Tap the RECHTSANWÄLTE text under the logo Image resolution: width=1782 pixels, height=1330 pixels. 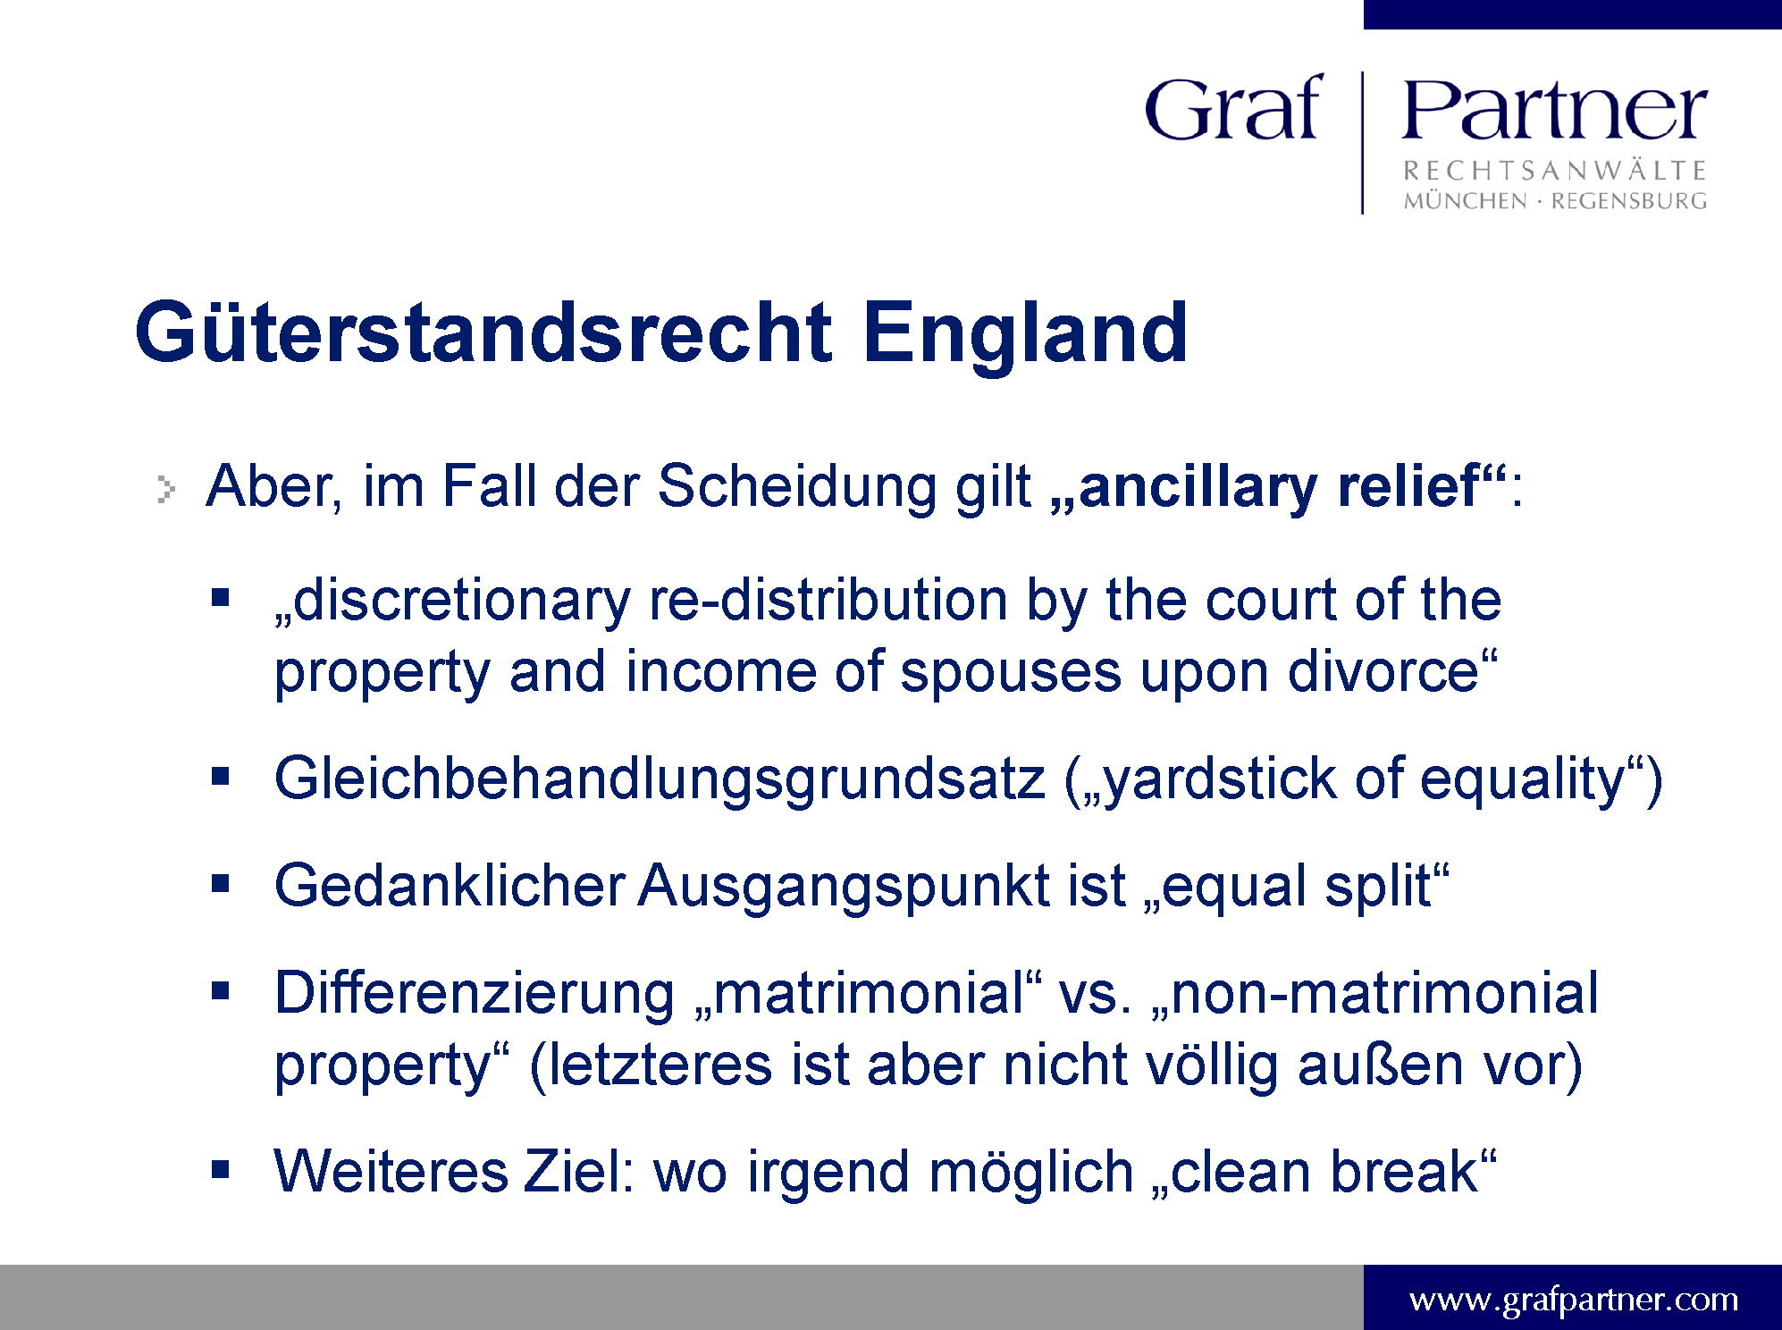point(1555,170)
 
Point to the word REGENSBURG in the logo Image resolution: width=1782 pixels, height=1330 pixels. point(1628,201)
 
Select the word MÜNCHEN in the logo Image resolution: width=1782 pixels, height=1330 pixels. point(1465,200)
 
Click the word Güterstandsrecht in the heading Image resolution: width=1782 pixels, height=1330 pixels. point(483,332)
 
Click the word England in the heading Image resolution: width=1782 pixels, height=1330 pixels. point(1025,333)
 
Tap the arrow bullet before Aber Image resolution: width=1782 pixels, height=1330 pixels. point(166,489)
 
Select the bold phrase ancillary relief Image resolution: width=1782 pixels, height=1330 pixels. point(1280,487)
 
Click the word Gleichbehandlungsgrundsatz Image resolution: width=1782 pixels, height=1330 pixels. point(660,779)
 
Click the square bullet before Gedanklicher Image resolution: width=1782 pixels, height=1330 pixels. point(221,884)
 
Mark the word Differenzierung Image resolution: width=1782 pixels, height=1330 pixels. point(475,994)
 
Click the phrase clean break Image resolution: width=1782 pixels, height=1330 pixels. point(1324,1172)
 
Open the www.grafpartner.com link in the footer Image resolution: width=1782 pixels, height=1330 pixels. point(1573,1299)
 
